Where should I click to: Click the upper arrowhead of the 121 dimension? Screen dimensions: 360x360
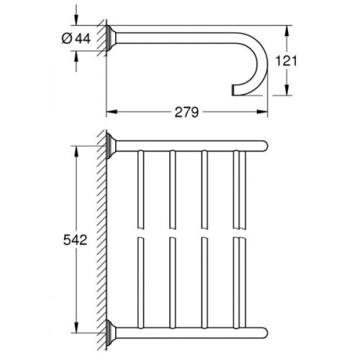point(288,32)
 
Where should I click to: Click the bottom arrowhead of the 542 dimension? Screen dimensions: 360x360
point(73,338)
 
